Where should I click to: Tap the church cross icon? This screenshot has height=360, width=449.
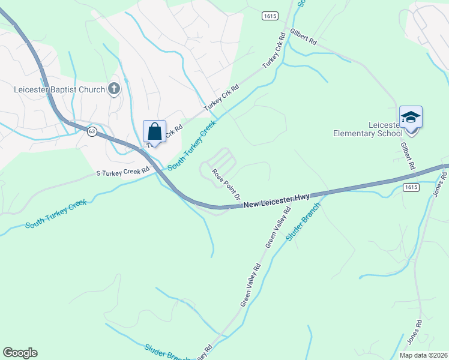coord(113,89)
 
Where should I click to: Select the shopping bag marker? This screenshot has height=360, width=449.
coord(154,131)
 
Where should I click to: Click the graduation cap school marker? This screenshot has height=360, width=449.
coord(411,116)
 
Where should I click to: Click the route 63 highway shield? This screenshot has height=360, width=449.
coord(91,131)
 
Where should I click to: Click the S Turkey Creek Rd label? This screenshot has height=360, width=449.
coord(122,173)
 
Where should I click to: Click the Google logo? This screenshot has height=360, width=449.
coord(20,353)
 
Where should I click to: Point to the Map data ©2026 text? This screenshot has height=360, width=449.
coord(423,355)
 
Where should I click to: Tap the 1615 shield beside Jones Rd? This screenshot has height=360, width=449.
coord(411,187)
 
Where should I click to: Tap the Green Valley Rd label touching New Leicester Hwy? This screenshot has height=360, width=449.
coord(278,227)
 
